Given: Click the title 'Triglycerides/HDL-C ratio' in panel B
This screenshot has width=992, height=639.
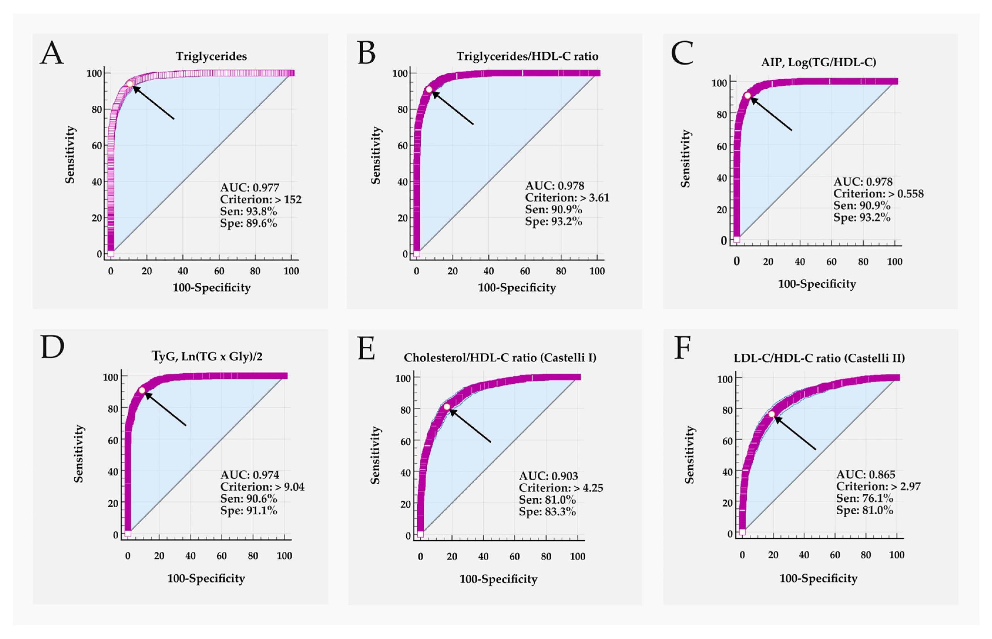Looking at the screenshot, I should (527, 56).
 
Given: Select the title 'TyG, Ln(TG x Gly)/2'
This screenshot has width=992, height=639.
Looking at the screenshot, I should (207, 356).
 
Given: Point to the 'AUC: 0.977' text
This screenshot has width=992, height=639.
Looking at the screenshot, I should (249, 188).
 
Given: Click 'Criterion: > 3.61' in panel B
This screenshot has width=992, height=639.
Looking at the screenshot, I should (567, 198).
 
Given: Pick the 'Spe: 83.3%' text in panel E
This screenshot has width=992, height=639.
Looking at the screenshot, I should (547, 512).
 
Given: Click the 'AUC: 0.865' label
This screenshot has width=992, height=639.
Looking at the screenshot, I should (865, 474).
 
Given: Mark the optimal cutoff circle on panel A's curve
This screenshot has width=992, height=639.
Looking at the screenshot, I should (130, 84).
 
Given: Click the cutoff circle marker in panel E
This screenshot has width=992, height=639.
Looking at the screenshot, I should (447, 407).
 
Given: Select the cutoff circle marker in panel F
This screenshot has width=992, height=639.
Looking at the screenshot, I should (771, 414).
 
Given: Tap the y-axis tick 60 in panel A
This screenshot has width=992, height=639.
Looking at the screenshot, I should (97, 146).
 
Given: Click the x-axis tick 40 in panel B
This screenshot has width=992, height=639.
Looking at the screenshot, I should (489, 272).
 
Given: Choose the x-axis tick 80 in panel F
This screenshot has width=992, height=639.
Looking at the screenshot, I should (865, 555).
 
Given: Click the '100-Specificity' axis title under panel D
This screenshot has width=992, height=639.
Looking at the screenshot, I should (206, 579).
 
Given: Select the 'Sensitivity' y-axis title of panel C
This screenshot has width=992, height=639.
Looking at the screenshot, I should (685, 159).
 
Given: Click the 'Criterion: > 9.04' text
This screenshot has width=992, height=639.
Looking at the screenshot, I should (262, 487).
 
